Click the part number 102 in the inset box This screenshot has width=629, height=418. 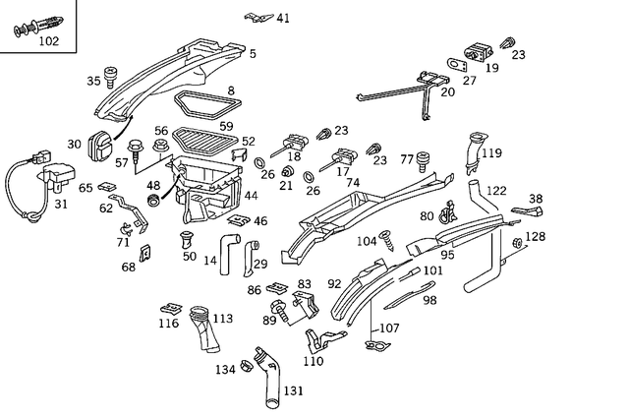click(x=48, y=41)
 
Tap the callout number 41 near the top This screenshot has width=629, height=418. click(x=283, y=18)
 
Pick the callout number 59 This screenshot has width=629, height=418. click(x=226, y=126)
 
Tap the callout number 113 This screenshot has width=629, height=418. click(x=222, y=319)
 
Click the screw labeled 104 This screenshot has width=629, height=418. click(x=388, y=237)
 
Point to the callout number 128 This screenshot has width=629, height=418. click(x=535, y=237)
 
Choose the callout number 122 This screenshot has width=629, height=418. click(x=497, y=191)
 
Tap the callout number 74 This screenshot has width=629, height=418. click(x=353, y=183)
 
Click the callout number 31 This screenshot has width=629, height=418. click(x=61, y=205)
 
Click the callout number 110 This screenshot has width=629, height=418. click(x=314, y=361)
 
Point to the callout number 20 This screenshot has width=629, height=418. click(x=447, y=92)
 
